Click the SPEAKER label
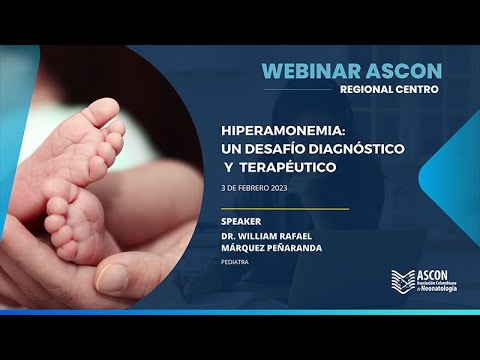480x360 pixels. tap(243, 221)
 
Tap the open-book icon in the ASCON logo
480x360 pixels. tap(401, 281)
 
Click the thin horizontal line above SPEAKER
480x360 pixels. tap(285, 209)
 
